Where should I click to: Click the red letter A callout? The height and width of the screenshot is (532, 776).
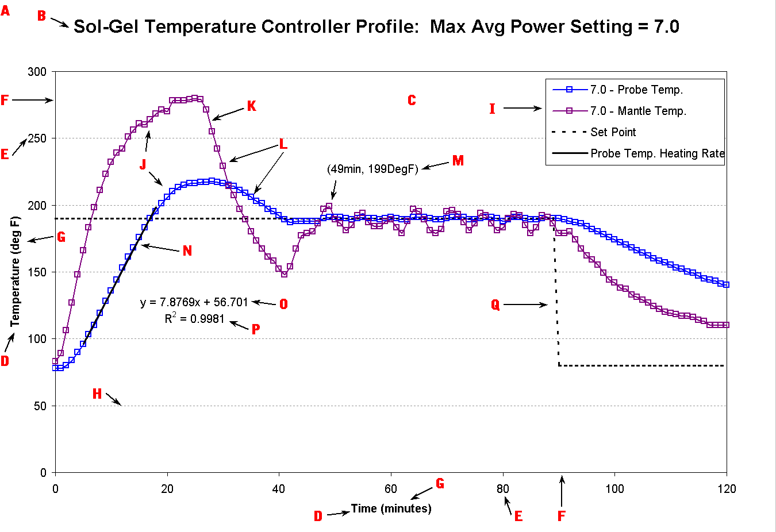[x=5, y=10]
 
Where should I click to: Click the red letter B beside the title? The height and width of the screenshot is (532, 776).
[x=41, y=16]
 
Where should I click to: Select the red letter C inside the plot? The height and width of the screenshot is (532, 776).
[x=412, y=101]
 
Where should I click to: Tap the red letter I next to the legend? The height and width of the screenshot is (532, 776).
[x=492, y=109]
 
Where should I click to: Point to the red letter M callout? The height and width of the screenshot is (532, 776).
[x=458, y=161]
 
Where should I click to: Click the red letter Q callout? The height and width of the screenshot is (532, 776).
[x=495, y=304]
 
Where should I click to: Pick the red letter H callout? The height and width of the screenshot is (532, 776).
[x=97, y=394]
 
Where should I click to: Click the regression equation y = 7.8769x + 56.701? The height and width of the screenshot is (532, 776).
[x=194, y=302]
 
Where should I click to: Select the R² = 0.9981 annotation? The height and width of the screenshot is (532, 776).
[x=194, y=318]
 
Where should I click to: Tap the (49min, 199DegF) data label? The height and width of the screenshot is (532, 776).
[x=372, y=169]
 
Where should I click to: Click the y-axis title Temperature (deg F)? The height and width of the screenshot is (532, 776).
[x=16, y=271]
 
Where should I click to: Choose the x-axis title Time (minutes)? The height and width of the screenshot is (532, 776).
[x=391, y=508]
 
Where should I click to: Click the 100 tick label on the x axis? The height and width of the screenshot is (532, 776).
[x=614, y=489]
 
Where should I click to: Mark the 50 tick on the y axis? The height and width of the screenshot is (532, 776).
[x=40, y=406]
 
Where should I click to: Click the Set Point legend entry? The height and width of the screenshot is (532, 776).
[x=613, y=132]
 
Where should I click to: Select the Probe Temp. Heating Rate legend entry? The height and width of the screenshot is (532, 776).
[x=657, y=153]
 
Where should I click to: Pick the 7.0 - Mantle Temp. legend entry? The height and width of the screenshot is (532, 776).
[x=638, y=111]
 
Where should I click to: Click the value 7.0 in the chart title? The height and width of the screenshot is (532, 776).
[x=666, y=26]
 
